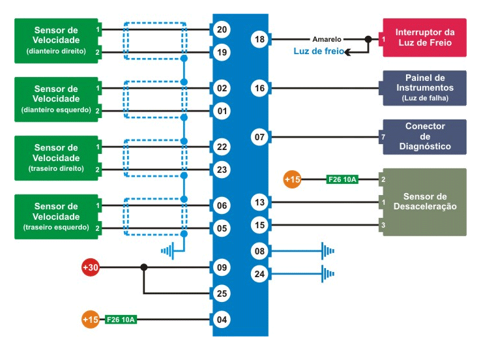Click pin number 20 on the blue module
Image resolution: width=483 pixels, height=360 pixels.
pos(222,29)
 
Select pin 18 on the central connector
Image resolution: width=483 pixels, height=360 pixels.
pos(259,40)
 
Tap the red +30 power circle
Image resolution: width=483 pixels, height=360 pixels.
pos(90,267)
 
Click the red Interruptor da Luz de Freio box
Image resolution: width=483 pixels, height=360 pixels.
pos(424,37)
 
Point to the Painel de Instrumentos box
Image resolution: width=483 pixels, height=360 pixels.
pos(424,87)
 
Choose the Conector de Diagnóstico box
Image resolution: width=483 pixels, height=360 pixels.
pos(424,136)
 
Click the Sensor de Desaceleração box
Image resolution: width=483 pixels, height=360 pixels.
pos(424,202)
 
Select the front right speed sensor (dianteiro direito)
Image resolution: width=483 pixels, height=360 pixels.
pos(56,40)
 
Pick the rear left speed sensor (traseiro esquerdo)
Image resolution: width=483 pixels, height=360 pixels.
pos(56,217)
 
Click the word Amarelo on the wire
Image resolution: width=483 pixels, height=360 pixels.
pos(327,39)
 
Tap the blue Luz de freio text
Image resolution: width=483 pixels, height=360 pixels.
pos(314,52)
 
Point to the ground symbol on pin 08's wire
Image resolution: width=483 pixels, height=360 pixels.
pos(327,250)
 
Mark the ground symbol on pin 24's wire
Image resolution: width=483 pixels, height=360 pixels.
pos(327,274)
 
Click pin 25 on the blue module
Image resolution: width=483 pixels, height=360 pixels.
pos(222,294)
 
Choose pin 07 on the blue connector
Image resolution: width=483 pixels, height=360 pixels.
pos(259,137)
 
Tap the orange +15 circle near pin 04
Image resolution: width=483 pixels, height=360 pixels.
pos(91,320)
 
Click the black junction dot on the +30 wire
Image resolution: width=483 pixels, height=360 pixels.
pos(143,267)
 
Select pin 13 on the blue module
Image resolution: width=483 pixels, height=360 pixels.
pos(259,203)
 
